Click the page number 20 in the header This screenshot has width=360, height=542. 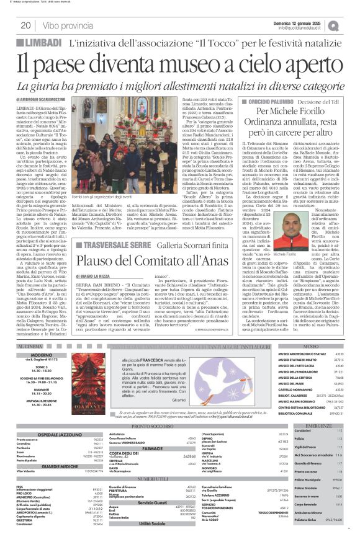(26, 25)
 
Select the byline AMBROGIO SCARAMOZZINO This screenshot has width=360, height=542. (49, 100)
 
